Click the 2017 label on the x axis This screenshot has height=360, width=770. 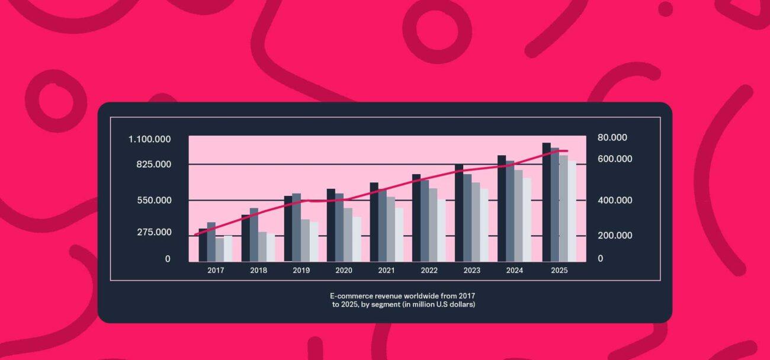coord(216,271)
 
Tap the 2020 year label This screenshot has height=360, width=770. coord(344,271)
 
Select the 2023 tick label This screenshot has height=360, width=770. coord(472,271)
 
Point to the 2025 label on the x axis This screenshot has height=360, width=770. coord(559,271)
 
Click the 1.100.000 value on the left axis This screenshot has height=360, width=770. coord(150,139)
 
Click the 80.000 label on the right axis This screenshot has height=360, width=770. coord(612,137)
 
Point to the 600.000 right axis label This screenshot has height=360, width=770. coord(615,159)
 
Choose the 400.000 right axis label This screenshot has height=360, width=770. coord(615,200)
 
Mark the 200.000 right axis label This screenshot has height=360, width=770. coord(615,236)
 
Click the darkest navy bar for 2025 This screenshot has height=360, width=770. coord(546,201)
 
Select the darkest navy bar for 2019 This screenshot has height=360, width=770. coord(288,228)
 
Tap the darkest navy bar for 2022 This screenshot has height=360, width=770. coord(416,217)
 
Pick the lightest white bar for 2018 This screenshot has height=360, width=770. coord(271,247)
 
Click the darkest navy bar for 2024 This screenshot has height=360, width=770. coord(502,208)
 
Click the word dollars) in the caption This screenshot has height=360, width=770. coord(461,304)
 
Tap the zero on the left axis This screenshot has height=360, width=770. coord(168,259)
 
